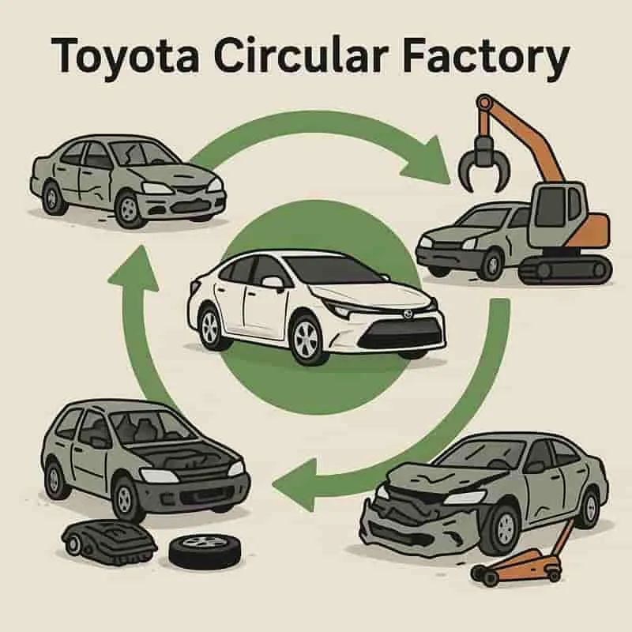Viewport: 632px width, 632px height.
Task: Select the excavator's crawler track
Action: tap(566, 269)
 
